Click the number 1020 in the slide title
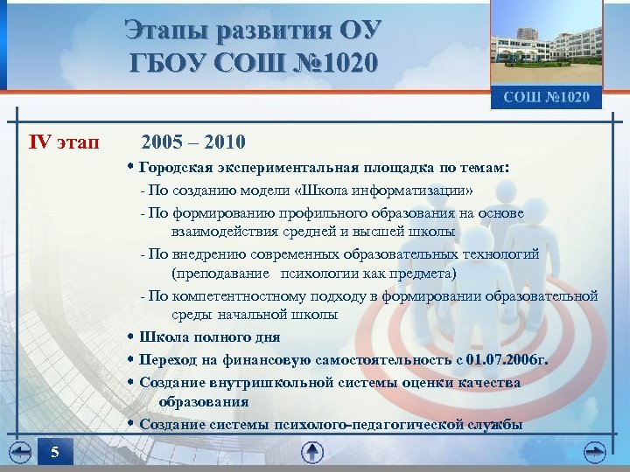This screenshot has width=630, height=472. point(345,63)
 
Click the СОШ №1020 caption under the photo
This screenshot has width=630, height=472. point(547,97)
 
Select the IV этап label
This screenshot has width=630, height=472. point(65,141)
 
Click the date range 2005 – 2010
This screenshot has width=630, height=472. point(192,141)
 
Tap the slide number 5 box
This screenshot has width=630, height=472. point(55,452)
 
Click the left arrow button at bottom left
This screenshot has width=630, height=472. point(19,452)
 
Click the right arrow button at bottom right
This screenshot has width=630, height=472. point(596,452)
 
